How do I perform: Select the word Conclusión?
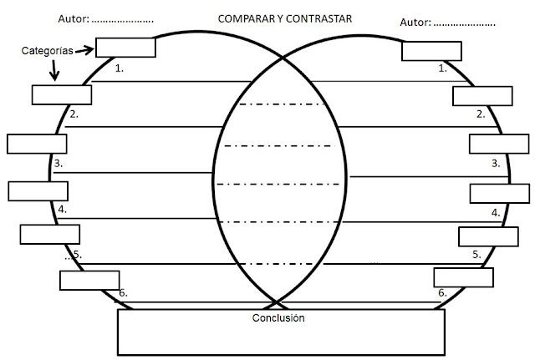278,318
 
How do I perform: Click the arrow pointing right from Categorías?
84,51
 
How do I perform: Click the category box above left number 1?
125,47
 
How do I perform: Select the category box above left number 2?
61,94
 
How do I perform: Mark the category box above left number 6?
89,280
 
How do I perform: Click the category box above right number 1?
431,51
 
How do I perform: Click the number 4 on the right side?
496,212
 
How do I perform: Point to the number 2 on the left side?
74,114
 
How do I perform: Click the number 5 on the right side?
476,254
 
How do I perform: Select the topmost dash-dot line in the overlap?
282,105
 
